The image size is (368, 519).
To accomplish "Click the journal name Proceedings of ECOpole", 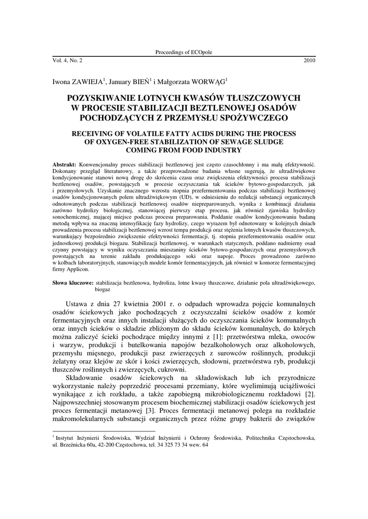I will [184, 53].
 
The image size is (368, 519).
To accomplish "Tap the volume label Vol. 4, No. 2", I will [70, 60].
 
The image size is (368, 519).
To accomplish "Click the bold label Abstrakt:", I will [64, 165].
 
